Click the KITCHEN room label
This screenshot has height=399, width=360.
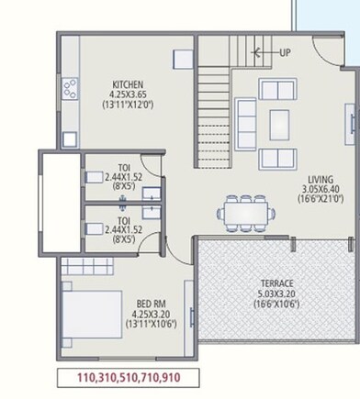point(129,83)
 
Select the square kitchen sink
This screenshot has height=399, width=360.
point(68,139)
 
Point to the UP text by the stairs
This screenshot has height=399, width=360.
point(285,52)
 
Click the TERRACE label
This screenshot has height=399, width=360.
point(276,284)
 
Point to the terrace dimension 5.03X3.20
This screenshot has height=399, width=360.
point(276,294)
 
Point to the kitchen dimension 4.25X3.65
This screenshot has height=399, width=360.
point(129,94)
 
